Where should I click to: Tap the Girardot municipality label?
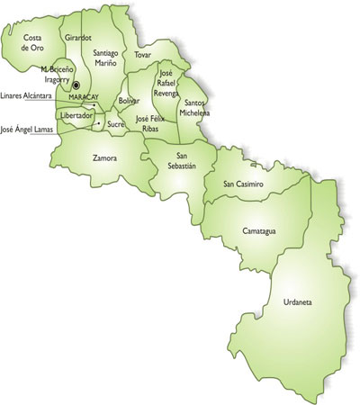click(x=78, y=39)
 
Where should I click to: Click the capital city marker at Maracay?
click(x=77, y=87)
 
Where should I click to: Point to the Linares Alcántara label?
click(x=25, y=94)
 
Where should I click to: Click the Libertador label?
click(x=76, y=116)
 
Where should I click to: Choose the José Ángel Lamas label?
click(x=26, y=130)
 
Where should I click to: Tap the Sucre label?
click(x=115, y=124)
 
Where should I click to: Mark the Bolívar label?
click(x=128, y=101)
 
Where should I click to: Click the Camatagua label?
click(x=259, y=230)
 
